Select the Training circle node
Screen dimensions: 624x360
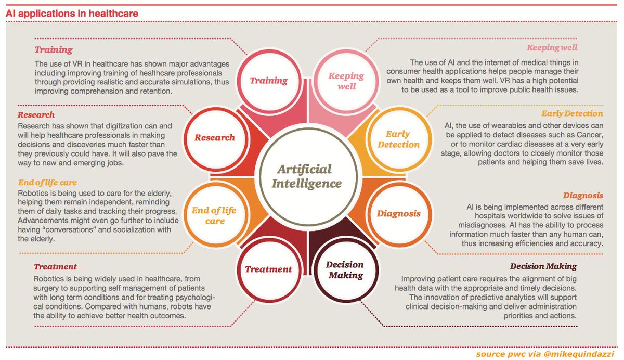click(268, 80)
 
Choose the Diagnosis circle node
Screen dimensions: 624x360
click(398, 213)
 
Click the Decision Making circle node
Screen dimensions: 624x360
click(345, 269)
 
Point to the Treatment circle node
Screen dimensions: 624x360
click(268, 269)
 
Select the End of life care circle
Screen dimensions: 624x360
click(214, 215)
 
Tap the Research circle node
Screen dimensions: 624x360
click(214, 138)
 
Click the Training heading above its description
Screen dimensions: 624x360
click(53, 50)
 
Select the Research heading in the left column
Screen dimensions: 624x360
click(36, 114)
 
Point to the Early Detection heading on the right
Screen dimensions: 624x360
click(572, 113)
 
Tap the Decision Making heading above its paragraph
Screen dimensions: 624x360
click(543, 266)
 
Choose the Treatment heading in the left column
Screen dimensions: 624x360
click(55, 267)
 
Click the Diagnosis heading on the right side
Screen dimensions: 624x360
click(583, 196)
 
